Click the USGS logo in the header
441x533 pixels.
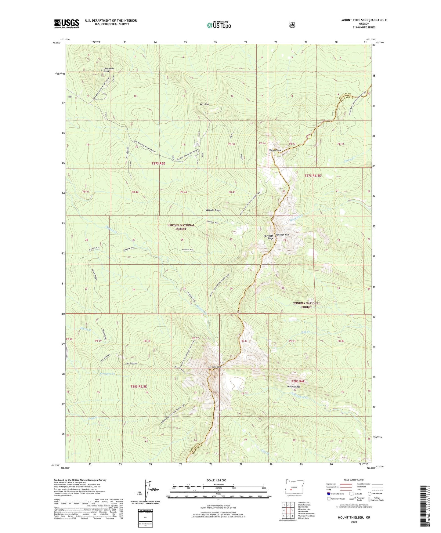[x=67, y=24]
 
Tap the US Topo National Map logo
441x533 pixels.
[x=219, y=25]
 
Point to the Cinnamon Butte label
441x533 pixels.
[x=109, y=70]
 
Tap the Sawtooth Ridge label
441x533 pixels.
[x=268, y=237]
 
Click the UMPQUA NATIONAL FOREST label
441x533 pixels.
[x=181, y=227]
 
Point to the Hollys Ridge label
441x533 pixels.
[x=293, y=387]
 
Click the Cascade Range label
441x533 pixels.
[x=213, y=210]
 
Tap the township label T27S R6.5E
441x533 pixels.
[x=313, y=176]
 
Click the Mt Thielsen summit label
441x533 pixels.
[x=215, y=367]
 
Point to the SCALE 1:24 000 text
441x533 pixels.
[x=216, y=480]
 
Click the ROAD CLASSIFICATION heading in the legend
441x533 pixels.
[x=354, y=480]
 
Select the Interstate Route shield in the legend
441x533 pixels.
[x=328, y=494]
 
